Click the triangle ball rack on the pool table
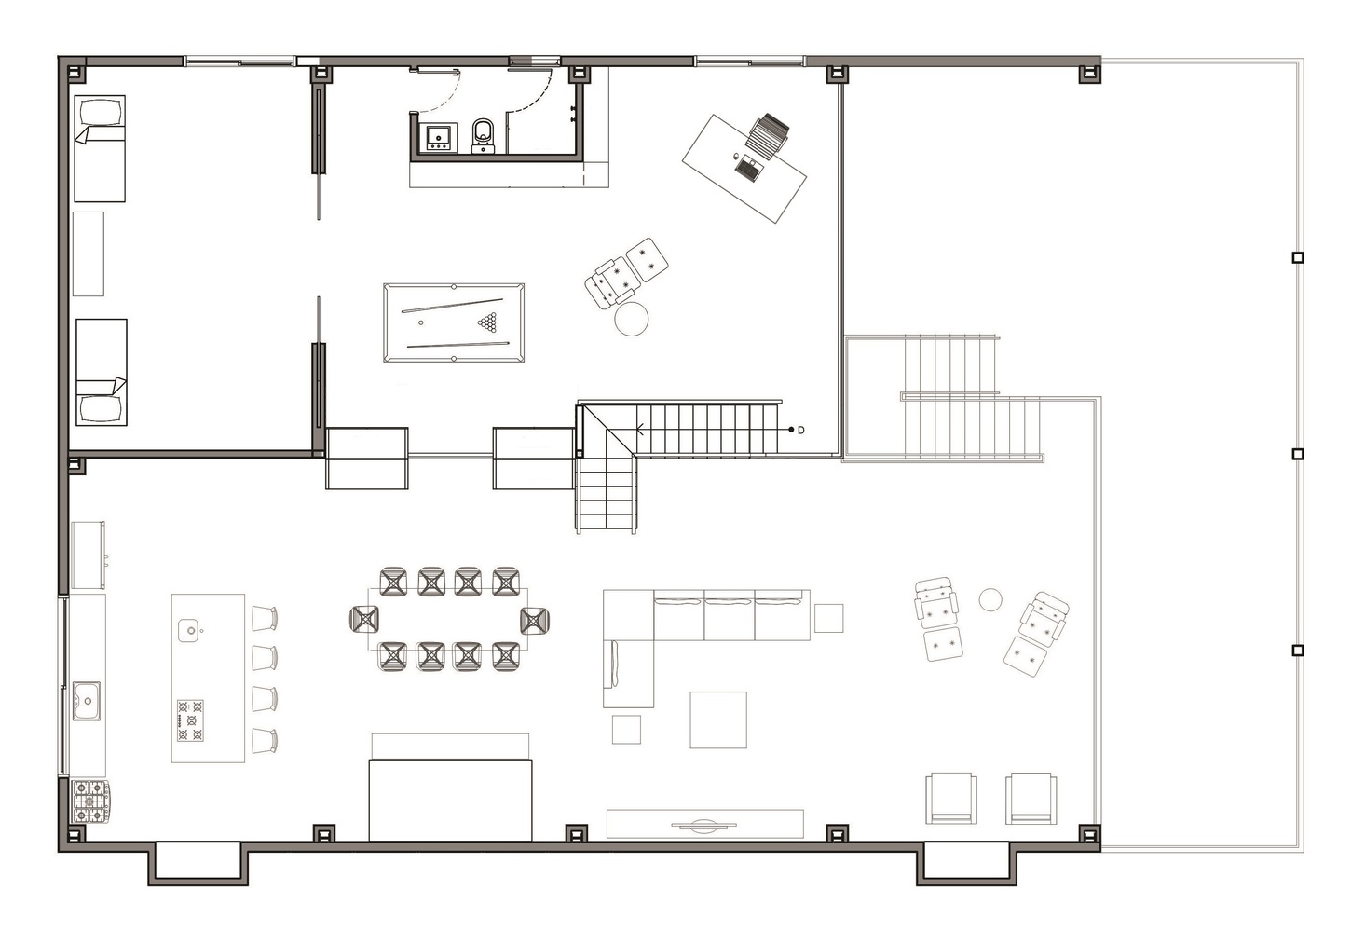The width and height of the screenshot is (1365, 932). click(x=487, y=322)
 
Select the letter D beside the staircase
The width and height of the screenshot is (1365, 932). click(x=800, y=430)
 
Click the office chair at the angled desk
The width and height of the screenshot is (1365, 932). click(x=770, y=134)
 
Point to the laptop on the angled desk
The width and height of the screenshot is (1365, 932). click(x=748, y=169)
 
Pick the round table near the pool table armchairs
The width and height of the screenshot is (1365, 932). click(x=631, y=319)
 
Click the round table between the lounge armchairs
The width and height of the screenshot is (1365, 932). click(x=990, y=600)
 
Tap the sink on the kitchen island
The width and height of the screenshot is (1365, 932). click(x=189, y=630)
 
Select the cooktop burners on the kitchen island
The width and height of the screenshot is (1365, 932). click(x=190, y=720)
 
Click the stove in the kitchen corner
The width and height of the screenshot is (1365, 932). click(x=90, y=802)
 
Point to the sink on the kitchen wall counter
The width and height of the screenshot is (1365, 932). click(x=87, y=701)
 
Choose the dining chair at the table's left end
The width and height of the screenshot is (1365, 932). click(x=364, y=619)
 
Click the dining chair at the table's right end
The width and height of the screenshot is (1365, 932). click(x=534, y=620)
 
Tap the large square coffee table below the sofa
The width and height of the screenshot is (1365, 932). click(x=717, y=720)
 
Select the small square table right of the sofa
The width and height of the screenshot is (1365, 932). click(x=828, y=618)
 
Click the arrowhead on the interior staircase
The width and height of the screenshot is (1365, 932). click(x=640, y=430)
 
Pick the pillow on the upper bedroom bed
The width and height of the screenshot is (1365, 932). click(x=100, y=112)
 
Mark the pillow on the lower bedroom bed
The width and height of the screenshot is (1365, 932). click(x=101, y=409)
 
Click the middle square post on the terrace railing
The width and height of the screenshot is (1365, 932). click(x=1297, y=454)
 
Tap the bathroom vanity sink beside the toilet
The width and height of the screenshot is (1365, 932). click(x=438, y=137)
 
